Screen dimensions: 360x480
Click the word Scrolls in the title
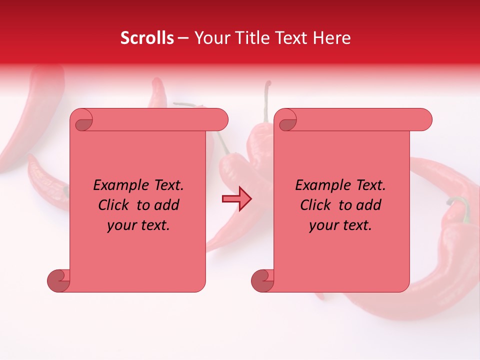click(147, 38)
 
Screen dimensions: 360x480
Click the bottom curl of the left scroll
click(58, 280)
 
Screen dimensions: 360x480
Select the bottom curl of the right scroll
click(262, 280)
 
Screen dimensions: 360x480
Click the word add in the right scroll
click(369, 205)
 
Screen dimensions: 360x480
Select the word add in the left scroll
click(167, 205)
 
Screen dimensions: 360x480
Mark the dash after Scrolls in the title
click(183, 38)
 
